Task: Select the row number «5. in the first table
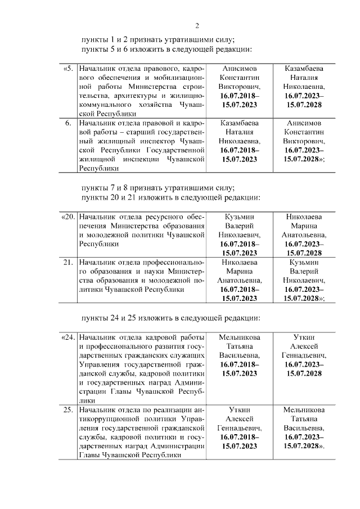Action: (67, 69)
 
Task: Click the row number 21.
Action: (67, 262)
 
